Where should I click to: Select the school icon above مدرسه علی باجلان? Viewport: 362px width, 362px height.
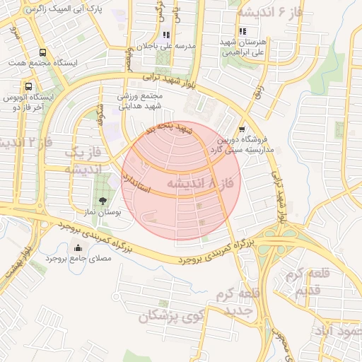click(x=165, y=35)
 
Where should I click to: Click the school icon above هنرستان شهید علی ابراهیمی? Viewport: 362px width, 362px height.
click(x=243, y=31)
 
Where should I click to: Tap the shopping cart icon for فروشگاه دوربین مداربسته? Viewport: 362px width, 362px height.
click(x=243, y=129)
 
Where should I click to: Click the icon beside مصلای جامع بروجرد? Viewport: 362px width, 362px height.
click(x=78, y=247)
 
